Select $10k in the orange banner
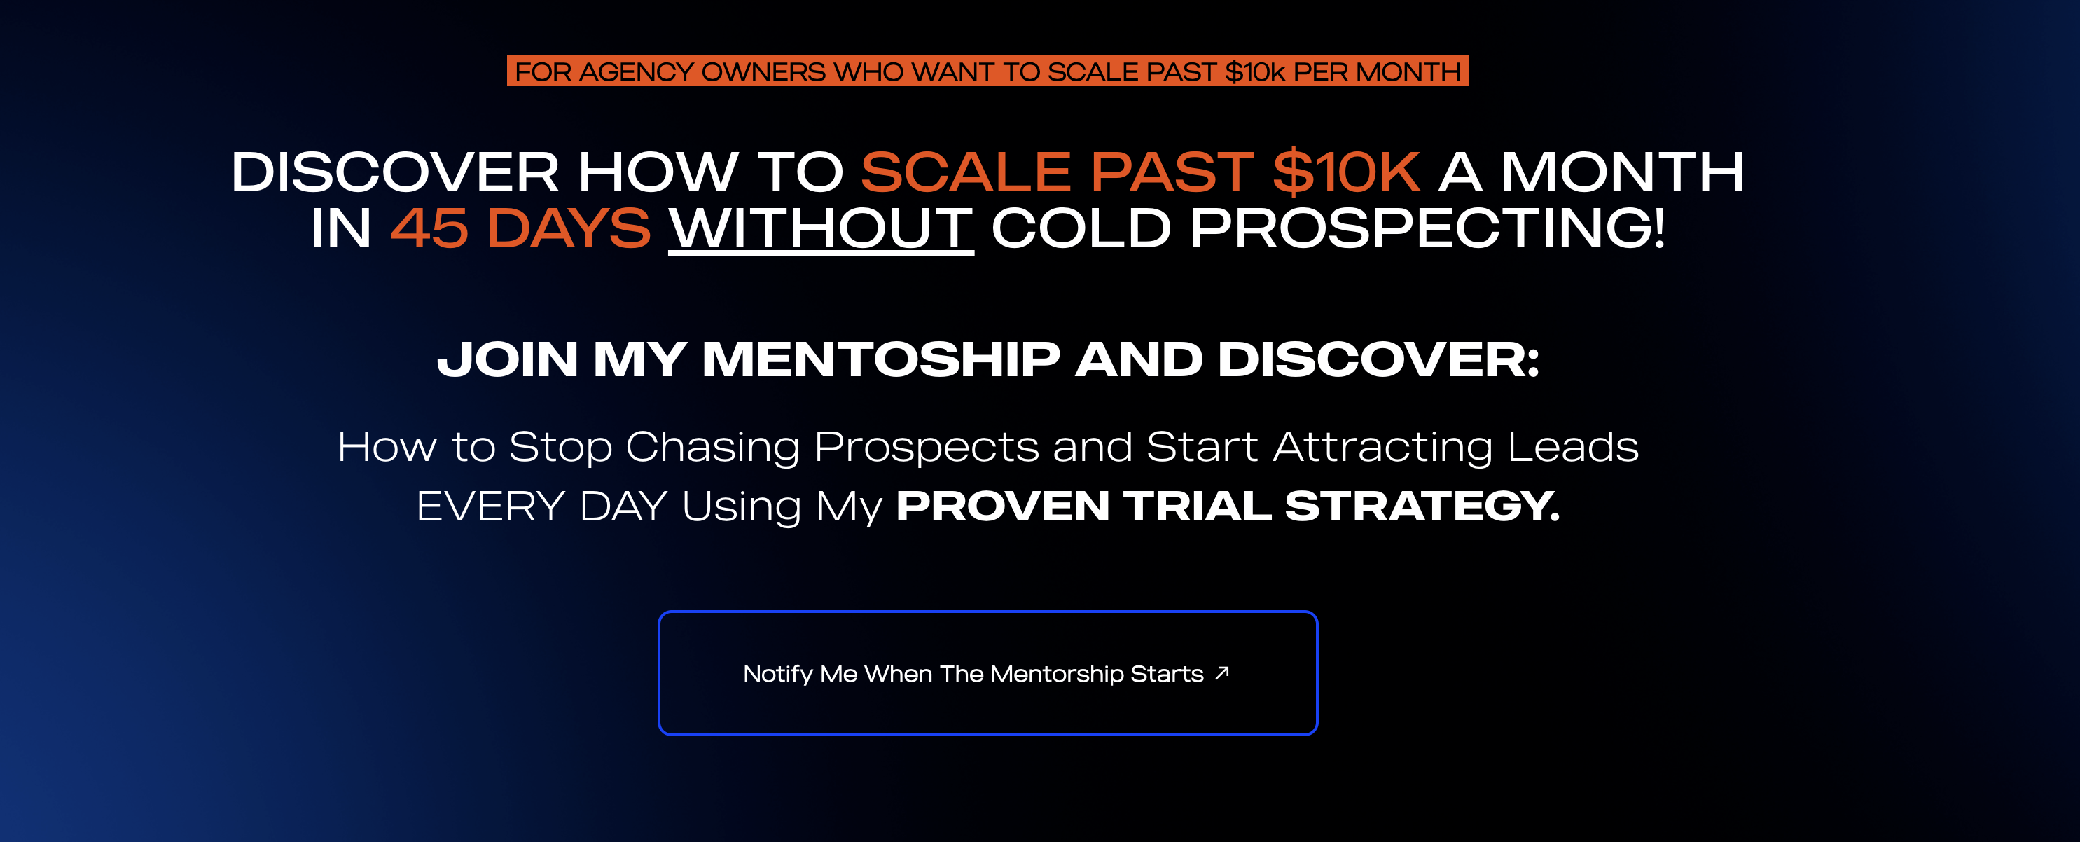click(x=1254, y=72)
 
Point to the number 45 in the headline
click(x=429, y=228)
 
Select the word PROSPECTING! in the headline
click(x=1427, y=228)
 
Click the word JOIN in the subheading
click(x=507, y=359)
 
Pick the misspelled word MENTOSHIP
click(x=880, y=359)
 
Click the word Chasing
click(x=712, y=447)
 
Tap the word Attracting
click(x=1382, y=447)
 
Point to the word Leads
click(x=1572, y=447)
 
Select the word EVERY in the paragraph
click(x=490, y=507)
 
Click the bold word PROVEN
click(x=1002, y=507)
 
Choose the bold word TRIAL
click(x=1197, y=507)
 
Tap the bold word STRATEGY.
click(x=1421, y=507)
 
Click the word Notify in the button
click(x=777, y=674)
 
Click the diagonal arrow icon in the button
click(x=1223, y=672)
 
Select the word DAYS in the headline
click(x=569, y=228)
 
